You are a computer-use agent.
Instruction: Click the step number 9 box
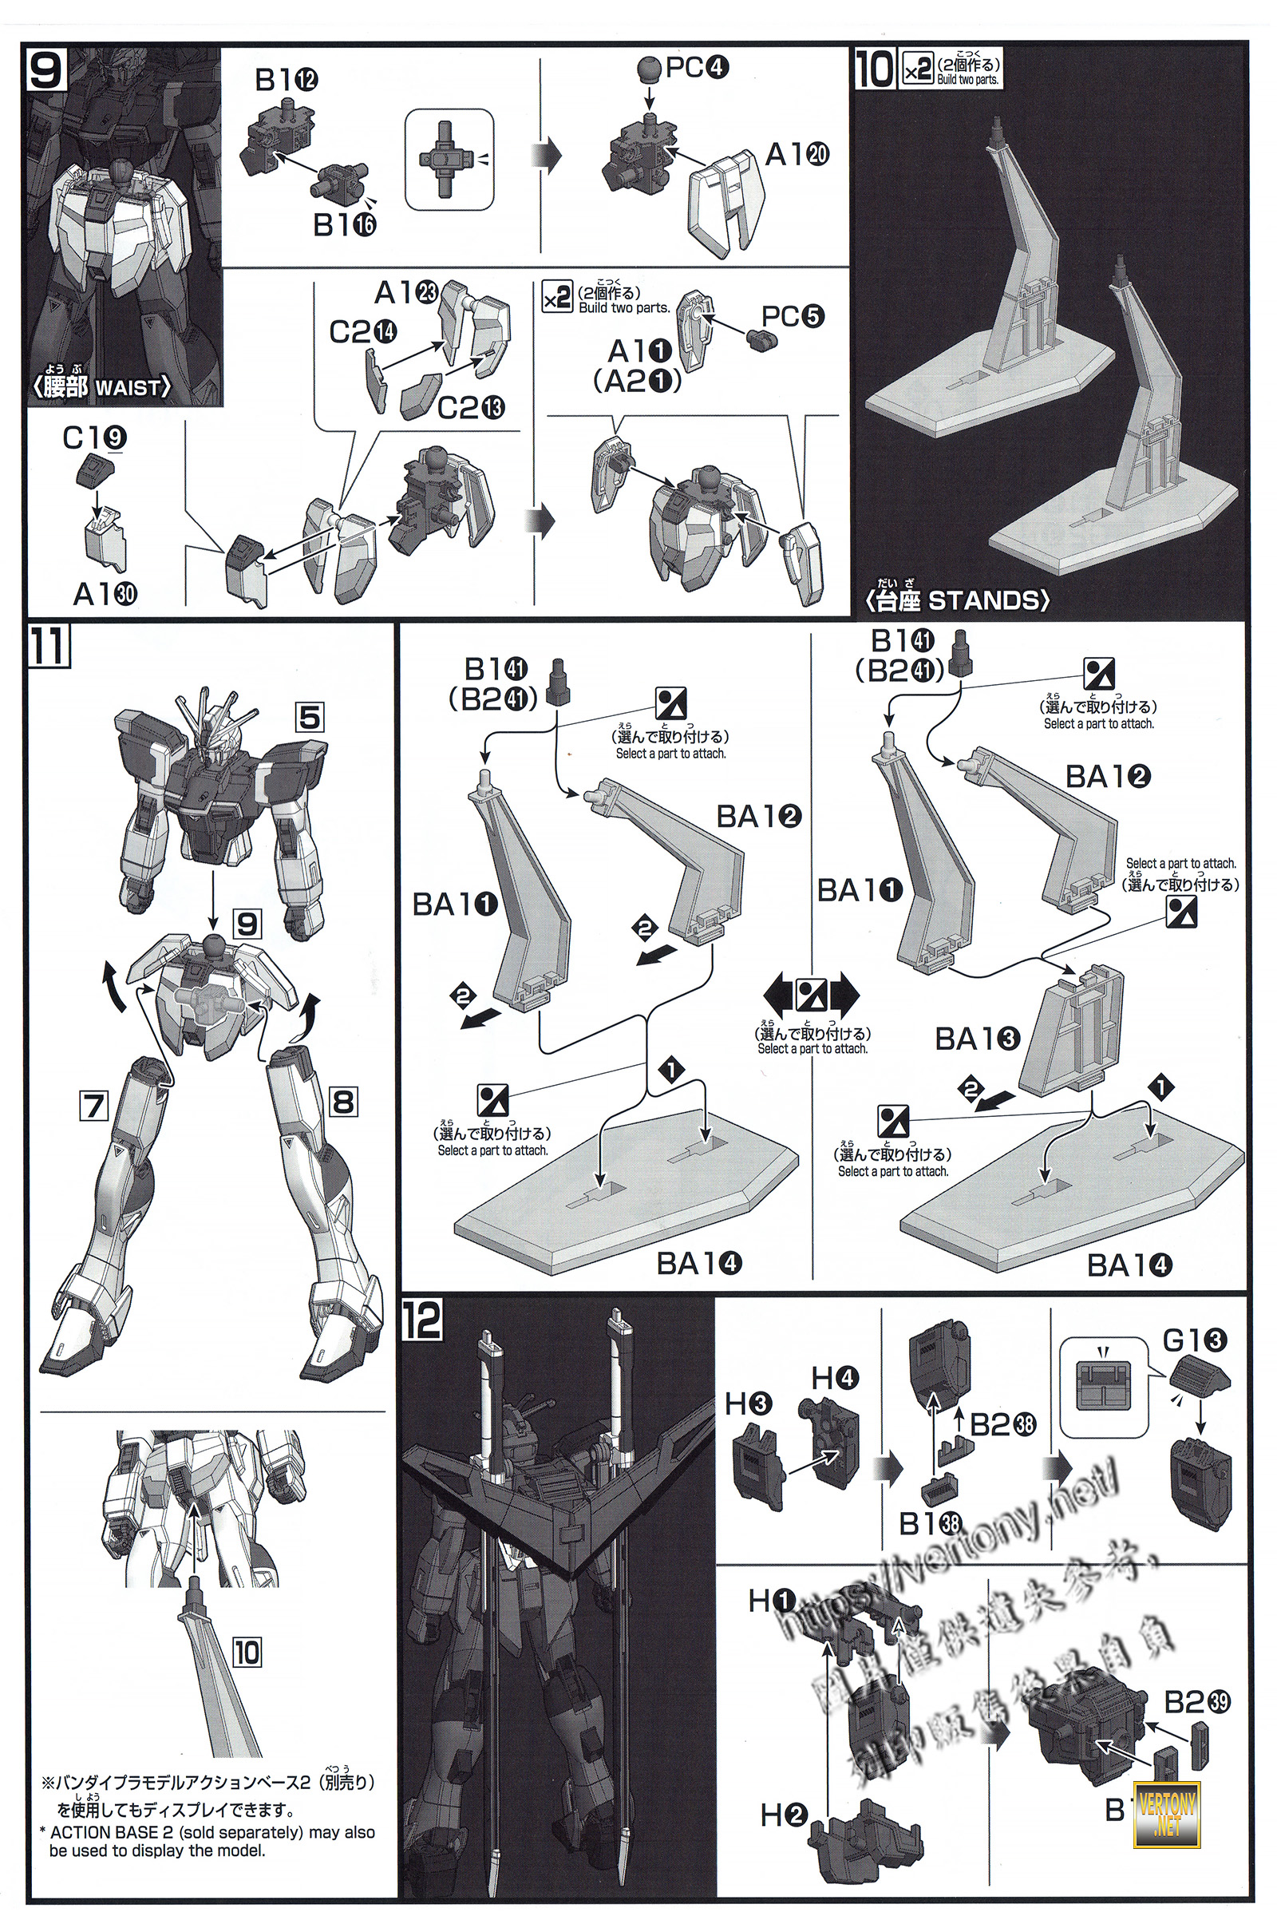click(45, 69)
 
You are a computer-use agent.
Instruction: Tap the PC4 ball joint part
click(649, 69)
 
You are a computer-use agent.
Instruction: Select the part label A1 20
click(797, 153)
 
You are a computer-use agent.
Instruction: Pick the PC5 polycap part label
click(793, 315)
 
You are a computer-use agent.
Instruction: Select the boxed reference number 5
click(310, 718)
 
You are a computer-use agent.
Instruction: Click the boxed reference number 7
click(93, 1106)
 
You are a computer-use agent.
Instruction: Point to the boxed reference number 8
click(343, 1102)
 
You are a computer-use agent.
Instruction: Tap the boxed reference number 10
click(246, 1652)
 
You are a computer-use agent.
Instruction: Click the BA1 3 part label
click(976, 1039)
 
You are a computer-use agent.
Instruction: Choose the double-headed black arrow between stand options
click(811, 995)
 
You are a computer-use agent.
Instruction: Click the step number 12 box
click(422, 1320)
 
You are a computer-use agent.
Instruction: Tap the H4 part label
click(835, 1378)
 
